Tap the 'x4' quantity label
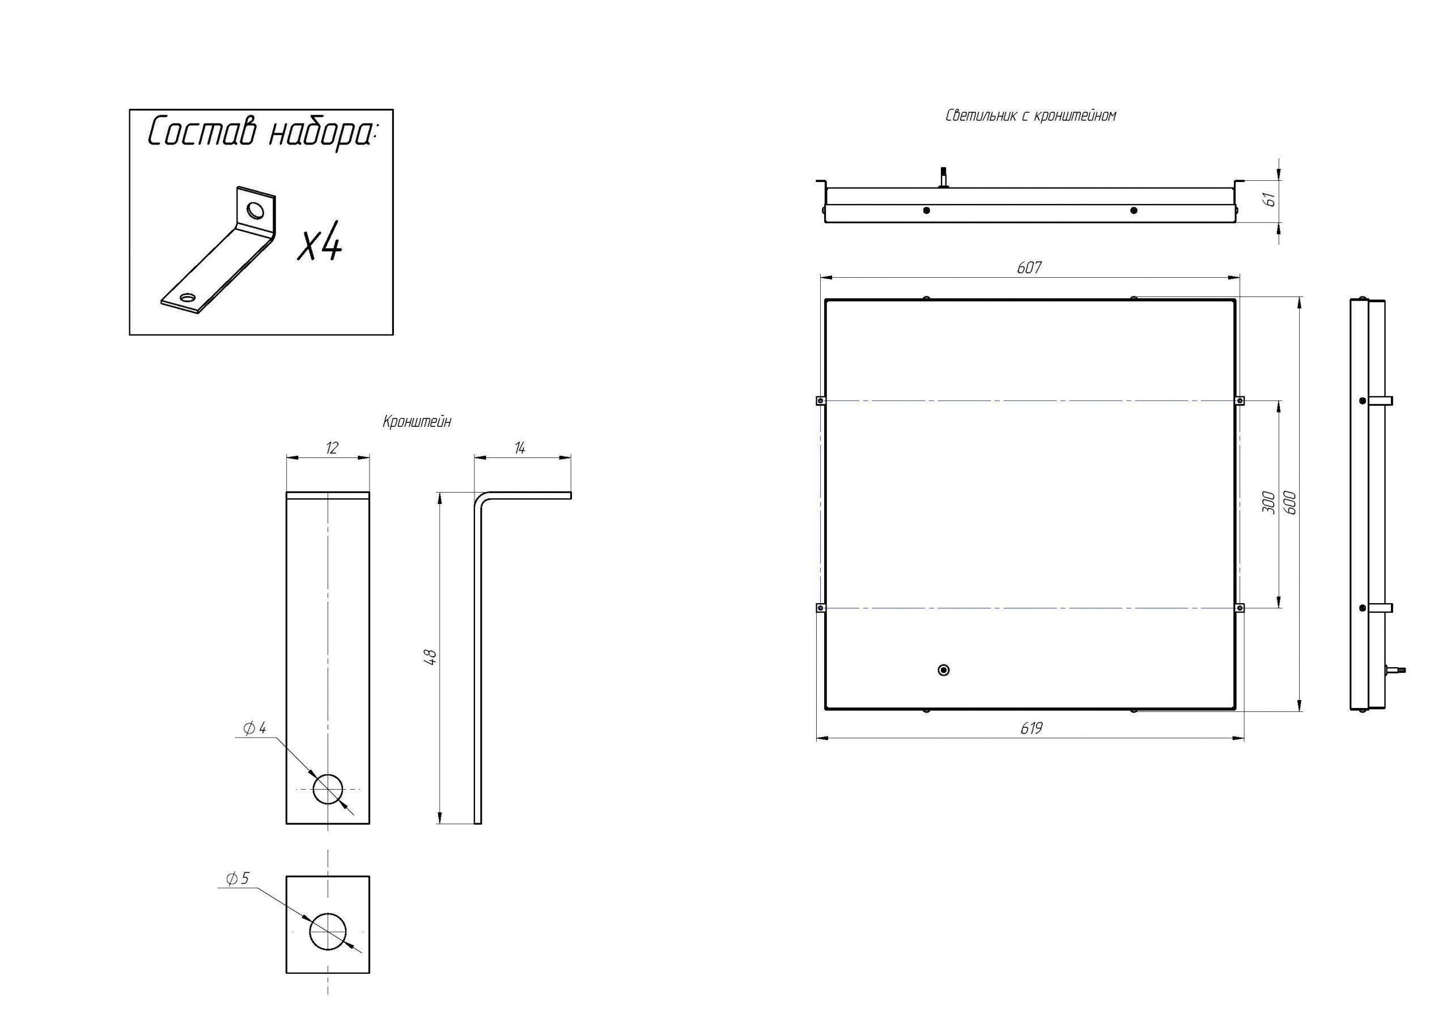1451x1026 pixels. [320, 245]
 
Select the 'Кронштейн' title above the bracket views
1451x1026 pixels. [417, 422]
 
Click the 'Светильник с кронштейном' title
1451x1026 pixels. [1030, 116]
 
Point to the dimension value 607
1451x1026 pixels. [1029, 268]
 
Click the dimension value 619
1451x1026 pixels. [1031, 729]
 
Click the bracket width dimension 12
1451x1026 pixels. [331, 448]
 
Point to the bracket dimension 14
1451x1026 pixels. [520, 449]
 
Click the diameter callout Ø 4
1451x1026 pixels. [254, 729]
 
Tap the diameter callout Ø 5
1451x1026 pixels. [237, 879]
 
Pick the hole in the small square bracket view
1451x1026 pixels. [328, 932]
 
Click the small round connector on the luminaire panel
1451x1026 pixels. [944, 670]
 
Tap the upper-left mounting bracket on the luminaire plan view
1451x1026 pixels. [820, 400]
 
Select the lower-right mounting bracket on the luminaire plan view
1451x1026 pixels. [1239, 608]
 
